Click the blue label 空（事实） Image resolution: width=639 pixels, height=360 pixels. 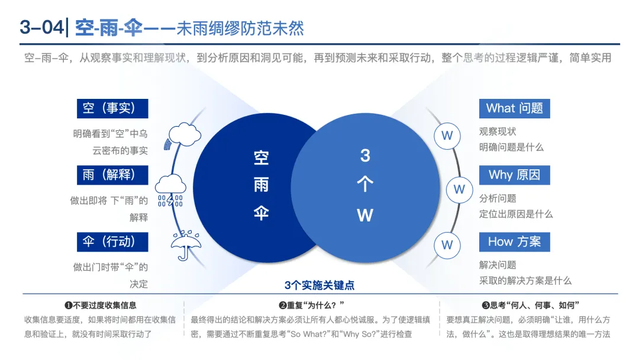[112, 108]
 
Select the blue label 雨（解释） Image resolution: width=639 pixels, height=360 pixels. [112, 175]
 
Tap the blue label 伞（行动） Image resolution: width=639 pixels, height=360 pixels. [112, 242]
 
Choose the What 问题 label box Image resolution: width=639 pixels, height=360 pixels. [514, 108]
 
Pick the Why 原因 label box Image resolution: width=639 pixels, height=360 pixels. [514, 175]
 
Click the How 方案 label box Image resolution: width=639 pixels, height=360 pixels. [514, 242]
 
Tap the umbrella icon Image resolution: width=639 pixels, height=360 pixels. [185, 245]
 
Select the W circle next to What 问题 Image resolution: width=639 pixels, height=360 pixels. [447, 136]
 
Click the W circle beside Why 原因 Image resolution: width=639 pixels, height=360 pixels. [459, 189]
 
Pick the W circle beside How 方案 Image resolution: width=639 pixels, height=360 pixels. [447, 245]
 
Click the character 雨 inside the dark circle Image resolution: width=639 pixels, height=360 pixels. [261, 185]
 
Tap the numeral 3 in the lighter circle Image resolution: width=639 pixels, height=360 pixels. [365, 156]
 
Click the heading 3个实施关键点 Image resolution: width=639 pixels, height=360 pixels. [319, 285]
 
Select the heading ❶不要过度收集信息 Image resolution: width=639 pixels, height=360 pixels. [100, 306]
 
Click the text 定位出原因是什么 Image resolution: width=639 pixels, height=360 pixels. [515, 214]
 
